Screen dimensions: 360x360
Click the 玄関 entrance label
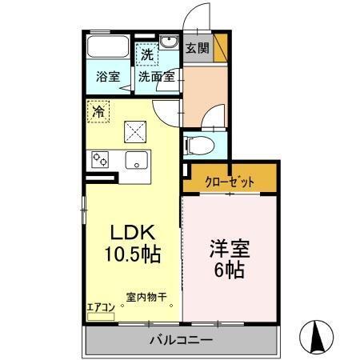click(x=198, y=48)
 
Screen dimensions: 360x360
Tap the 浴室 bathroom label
click(x=108, y=78)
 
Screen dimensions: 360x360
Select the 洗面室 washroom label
click(x=157, y=78)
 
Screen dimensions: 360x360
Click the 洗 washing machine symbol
click(x=146, y=55)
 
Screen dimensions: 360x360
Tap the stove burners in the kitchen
click(x=101, y=159)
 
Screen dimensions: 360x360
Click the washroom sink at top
click(x=169, y=43)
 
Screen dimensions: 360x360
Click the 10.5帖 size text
click(x=133, y=255)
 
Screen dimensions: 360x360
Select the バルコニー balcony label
click(x=181, y=341)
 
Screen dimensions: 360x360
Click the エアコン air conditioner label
click(x=102, y=306)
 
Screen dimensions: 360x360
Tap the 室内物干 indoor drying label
click(x=146, y=298)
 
